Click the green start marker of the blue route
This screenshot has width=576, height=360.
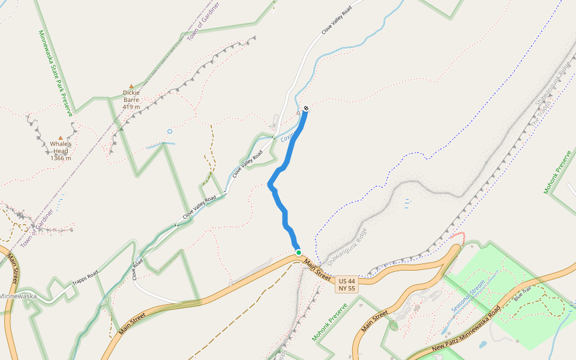point(298,253)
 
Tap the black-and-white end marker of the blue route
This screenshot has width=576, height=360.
point(306,108)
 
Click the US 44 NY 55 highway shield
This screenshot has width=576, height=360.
point(347,284)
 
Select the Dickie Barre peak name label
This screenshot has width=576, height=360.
point(131,96)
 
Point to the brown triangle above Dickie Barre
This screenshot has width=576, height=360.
point(131,86)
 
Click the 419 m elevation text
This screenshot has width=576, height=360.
point(131,107)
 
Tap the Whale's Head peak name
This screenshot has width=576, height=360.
point(61,148)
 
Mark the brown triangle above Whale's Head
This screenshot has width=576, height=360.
point(61,138)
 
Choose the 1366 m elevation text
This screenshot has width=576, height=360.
point(61,158)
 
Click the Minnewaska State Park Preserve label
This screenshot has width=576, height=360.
point(55,73)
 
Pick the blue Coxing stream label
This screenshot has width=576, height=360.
point(289,136)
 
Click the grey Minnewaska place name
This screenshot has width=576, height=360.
point(18,296)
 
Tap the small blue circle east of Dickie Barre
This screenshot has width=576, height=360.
point(170,131)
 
